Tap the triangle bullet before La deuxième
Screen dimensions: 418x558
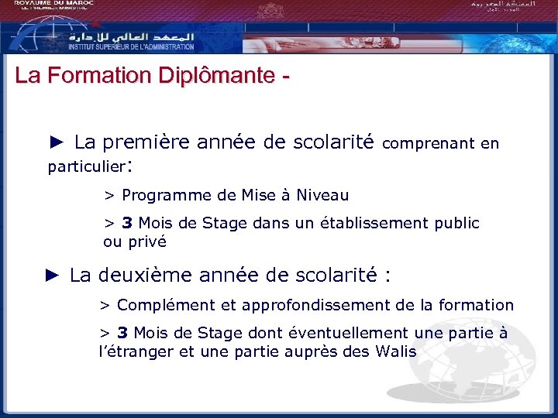(52, 275)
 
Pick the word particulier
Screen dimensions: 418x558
(86, 166)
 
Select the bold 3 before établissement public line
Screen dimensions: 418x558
(126, 224)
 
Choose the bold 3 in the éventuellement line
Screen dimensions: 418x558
(122, 334)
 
